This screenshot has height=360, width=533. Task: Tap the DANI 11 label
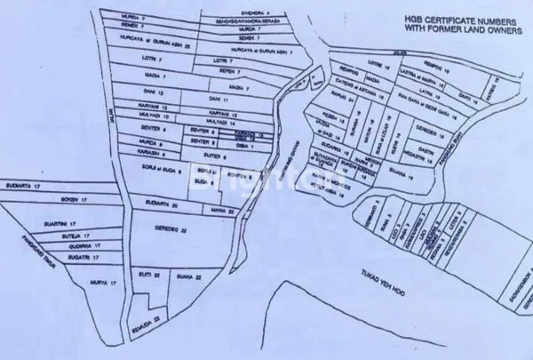coord(219,100)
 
